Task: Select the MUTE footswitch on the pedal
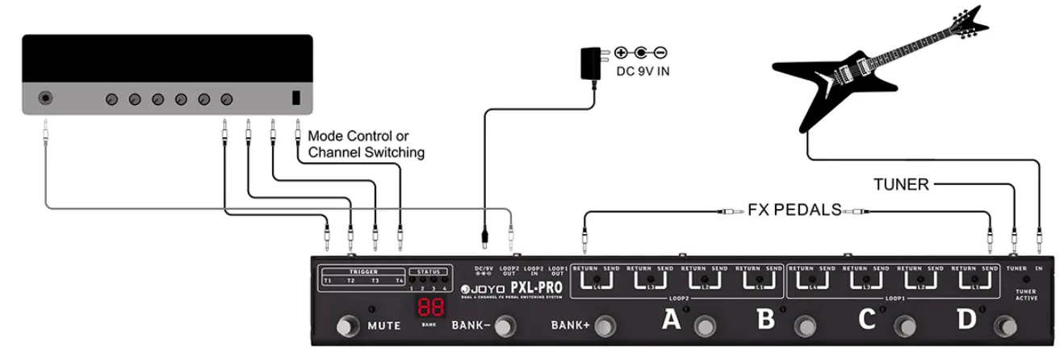pyautogui.click(x=347, y=326)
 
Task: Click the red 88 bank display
pyautogui.click(x=429, y=308)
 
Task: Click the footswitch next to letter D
pyautogui.click(x=1006, y=325)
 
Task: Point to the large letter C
pyautogui.click(x=867, y=320)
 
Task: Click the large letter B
pyautogui.click(x=766, y=320)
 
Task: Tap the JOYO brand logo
pyautogui.click(x=481, y=289)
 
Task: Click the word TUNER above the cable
pyautogui.click(x=901, y=185)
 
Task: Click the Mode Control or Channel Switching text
pyautogui.click(x=366, y=144)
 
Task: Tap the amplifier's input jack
pyautogui.click(x=47, y=99)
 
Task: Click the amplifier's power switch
pyautogui.click(x=296, y=98)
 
